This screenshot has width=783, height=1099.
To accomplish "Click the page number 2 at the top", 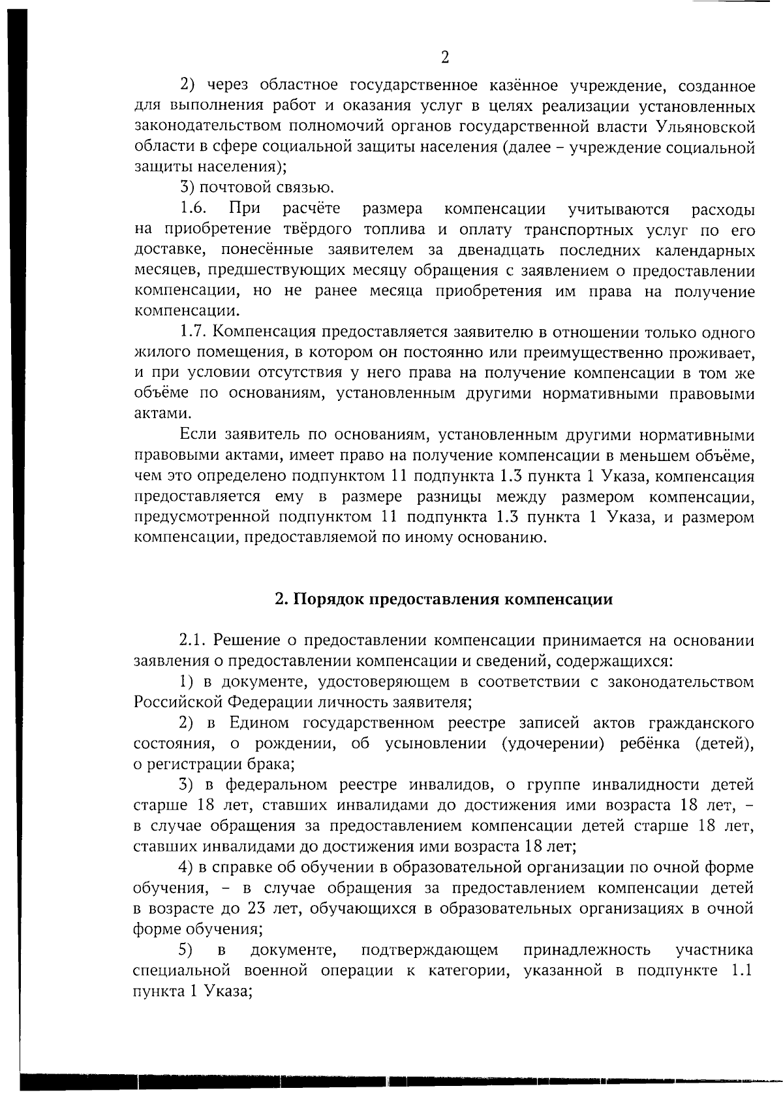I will (x=445, y=57).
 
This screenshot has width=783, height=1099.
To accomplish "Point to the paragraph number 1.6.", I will (x=194, y=209).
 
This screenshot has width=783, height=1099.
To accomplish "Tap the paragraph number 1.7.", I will (x=194, y=332).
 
